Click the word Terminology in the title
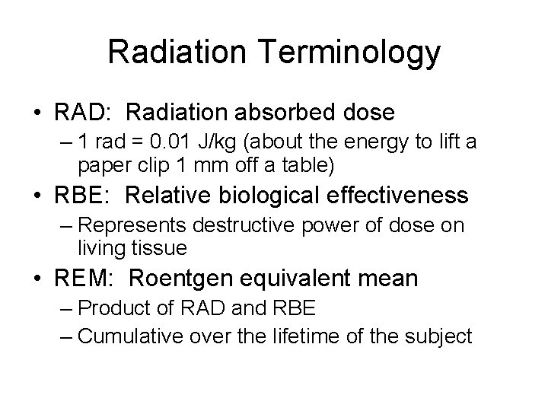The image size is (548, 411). click(355, 53)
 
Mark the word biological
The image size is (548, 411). click(279, 196)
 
